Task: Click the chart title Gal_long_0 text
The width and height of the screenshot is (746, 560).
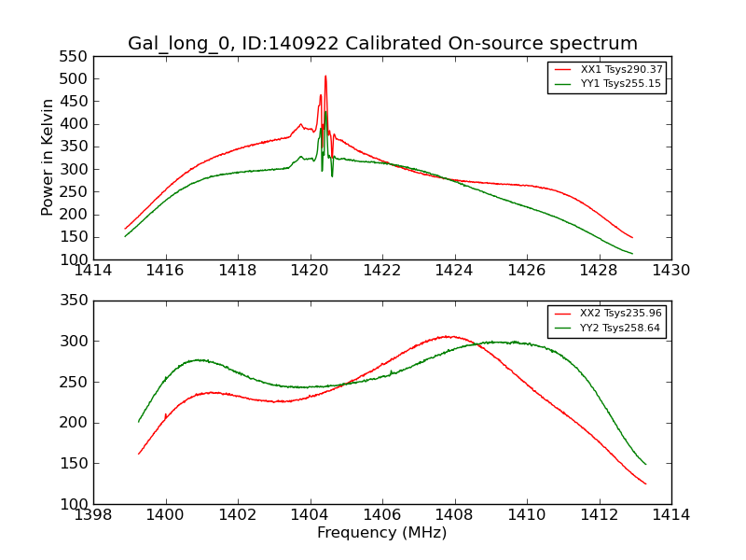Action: [382, 44]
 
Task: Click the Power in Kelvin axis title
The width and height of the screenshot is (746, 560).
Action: [48, 158]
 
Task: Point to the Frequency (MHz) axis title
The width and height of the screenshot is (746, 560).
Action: [382, 533]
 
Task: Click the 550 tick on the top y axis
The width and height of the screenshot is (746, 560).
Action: [76, 56]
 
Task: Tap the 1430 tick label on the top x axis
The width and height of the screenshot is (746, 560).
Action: [670, 271]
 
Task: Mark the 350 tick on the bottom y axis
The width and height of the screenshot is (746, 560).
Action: [76, 301]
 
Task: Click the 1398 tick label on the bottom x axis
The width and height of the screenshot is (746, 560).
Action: [93, 515]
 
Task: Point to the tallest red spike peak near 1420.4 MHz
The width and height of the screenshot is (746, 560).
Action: [325, 77]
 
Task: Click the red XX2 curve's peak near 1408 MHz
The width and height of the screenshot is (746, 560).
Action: [449, 336]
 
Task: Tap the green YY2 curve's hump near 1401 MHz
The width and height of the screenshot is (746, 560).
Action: [198, 359]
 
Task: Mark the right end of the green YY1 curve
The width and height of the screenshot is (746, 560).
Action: [632, 253]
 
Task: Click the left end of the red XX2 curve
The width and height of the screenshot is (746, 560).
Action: [139, 454]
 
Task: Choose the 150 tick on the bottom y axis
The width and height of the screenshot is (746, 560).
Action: [76, 464]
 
